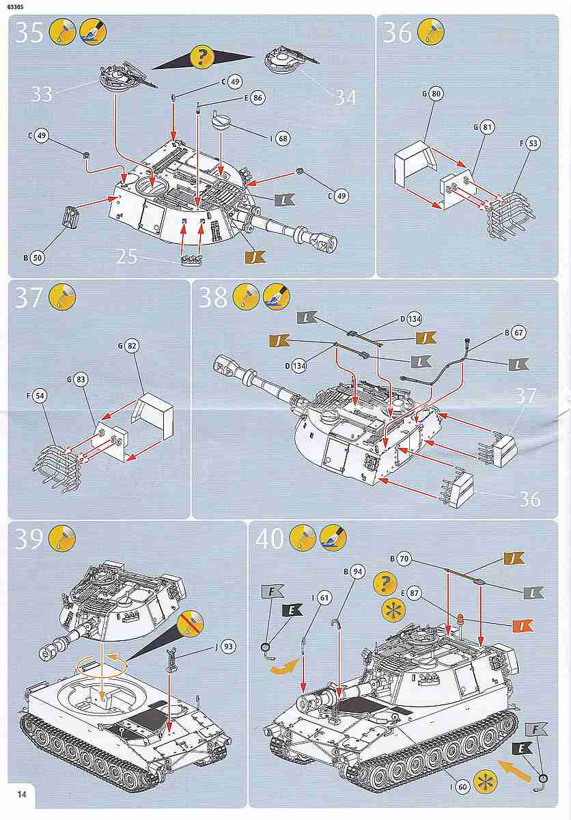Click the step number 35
click(29, 32)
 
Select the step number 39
click(29, 539)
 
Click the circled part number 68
click(283, 139)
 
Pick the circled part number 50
click(38, 258)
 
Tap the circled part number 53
click(533, 143)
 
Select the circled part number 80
click(436, 94)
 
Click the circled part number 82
click(132, 346)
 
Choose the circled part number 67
click(518, 333)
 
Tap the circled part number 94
click(357, 572)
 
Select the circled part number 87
click(414, 594)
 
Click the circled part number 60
click(462, 787)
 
